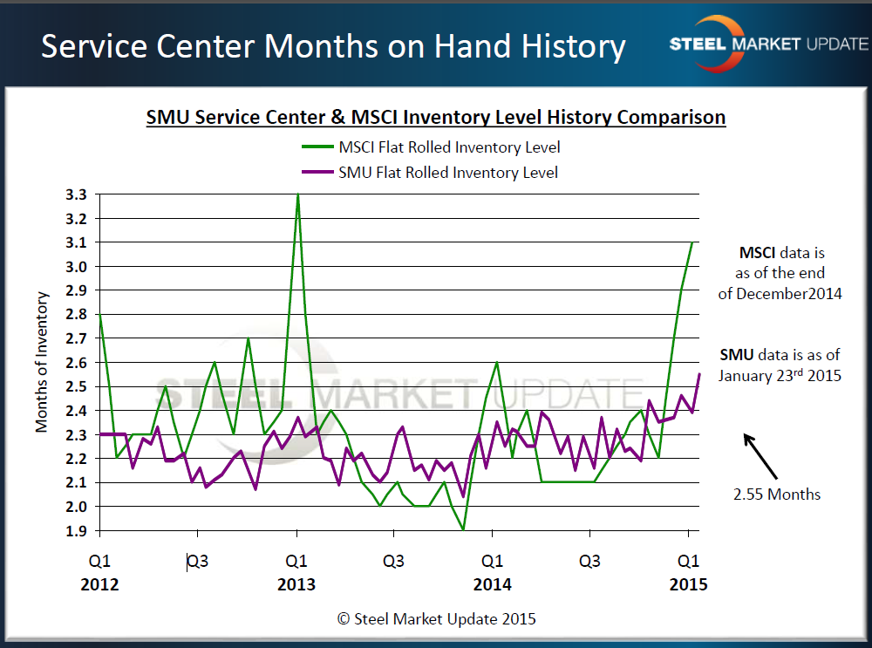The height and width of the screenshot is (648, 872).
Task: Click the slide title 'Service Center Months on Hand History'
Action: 333,45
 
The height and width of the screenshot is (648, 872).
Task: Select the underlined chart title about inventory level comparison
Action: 435,117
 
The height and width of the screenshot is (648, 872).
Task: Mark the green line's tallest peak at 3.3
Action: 297,194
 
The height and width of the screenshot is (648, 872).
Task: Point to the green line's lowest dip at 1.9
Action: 463,529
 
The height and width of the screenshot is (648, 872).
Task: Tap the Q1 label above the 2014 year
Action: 493,561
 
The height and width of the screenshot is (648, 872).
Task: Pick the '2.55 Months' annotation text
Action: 776,495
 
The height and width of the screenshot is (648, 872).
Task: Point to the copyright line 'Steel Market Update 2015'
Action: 437,618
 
